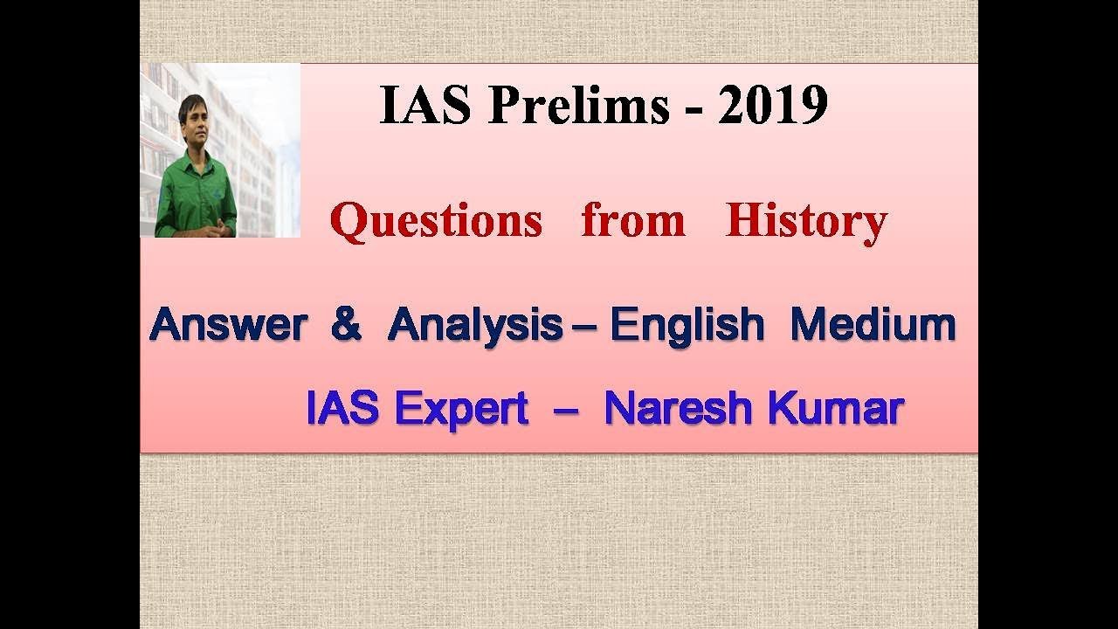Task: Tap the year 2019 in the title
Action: [772, 107]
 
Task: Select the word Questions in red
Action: [436, 220]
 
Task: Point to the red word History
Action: [805, 220]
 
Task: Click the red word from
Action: [632, 220]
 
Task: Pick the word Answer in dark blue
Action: [228, 326]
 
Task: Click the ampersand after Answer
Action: [346, 326]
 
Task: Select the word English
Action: [687, 326]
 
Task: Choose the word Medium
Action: [873, 326]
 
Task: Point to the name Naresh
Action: [678, 408]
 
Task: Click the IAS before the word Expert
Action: [342, 408]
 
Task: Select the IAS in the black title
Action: [425, 107]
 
